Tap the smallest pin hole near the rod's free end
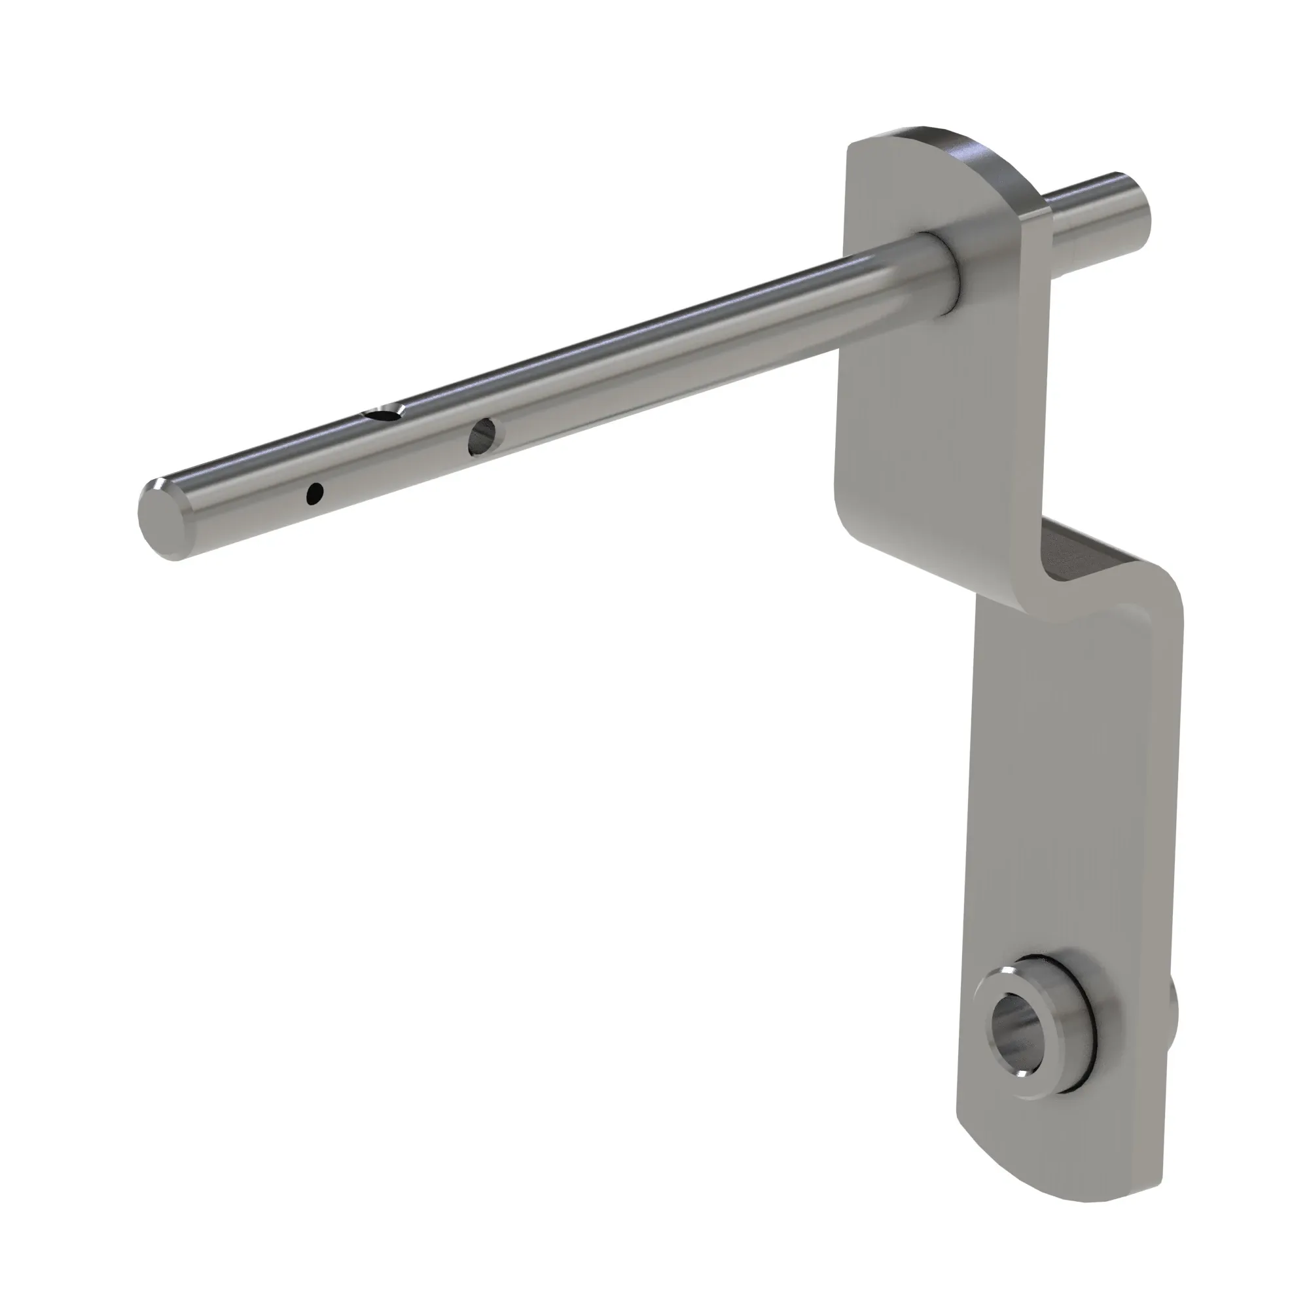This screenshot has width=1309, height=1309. tap(315, 494)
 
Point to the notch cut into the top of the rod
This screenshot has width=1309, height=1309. tap(384, 412)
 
